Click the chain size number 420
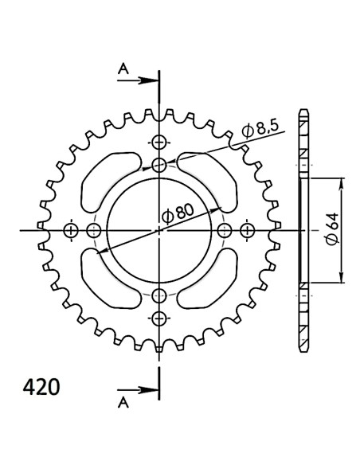pyautogui.click(x=39, y=366)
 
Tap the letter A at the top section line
pyautogui.click(x=123, y=70)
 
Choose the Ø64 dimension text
pyautogui.click(x=330, y=231)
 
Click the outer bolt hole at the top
pyautogui.click(x=160, y=143)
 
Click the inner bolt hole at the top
pyautogui.click(x=160, y=166)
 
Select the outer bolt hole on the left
pyautogui.click(x=71, y=231)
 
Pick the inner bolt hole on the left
pyautogui.click(x=95, y=231)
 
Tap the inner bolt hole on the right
pyautogui.click(x=225, y=231)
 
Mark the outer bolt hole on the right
pyautogui.click(x=248, y=231)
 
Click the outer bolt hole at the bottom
pyautogui.click(x=160, y=318)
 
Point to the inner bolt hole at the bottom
pyautogui.click(x=160, y=295)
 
